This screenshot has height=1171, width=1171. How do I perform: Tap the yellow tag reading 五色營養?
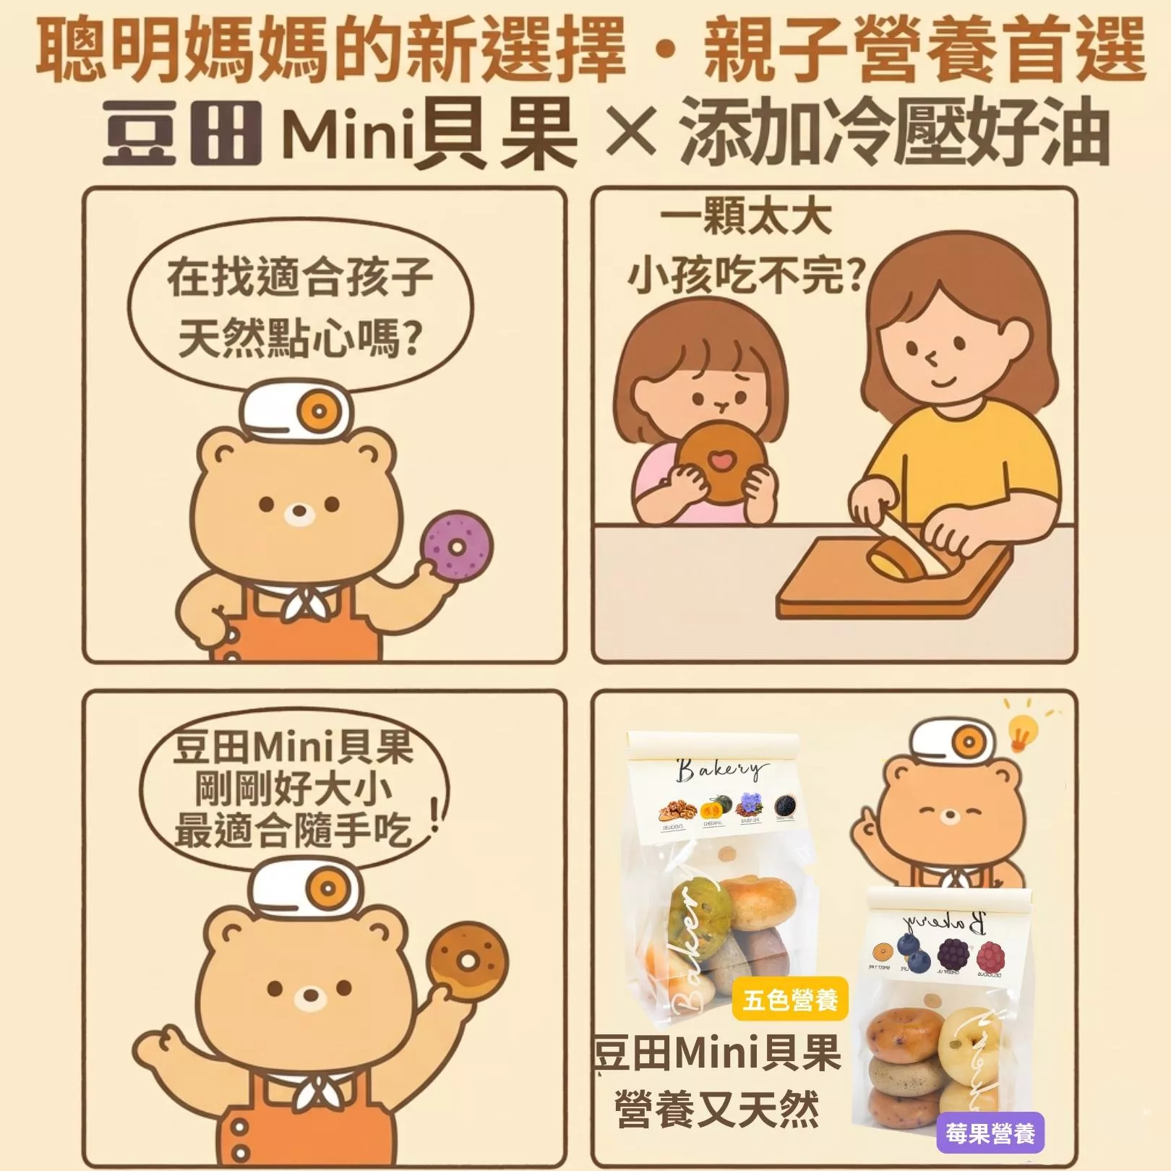tap(789, 1000)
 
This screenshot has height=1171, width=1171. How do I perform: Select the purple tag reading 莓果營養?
tap(990, 1133)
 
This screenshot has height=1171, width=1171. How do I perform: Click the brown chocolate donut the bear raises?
tap(468, 958)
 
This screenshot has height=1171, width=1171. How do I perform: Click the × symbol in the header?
tap(630, 134)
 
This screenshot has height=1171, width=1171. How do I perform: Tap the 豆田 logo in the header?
tap(181, 134)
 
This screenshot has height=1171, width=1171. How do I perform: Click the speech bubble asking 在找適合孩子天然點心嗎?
tap(300, 307)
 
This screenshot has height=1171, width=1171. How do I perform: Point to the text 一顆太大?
tap(746, 218)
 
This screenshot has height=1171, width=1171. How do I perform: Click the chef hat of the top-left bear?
tap(296, 412)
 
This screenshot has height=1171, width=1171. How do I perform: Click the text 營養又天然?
tap(716, 1109)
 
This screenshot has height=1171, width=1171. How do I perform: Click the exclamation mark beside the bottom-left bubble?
tap(435, 817)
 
